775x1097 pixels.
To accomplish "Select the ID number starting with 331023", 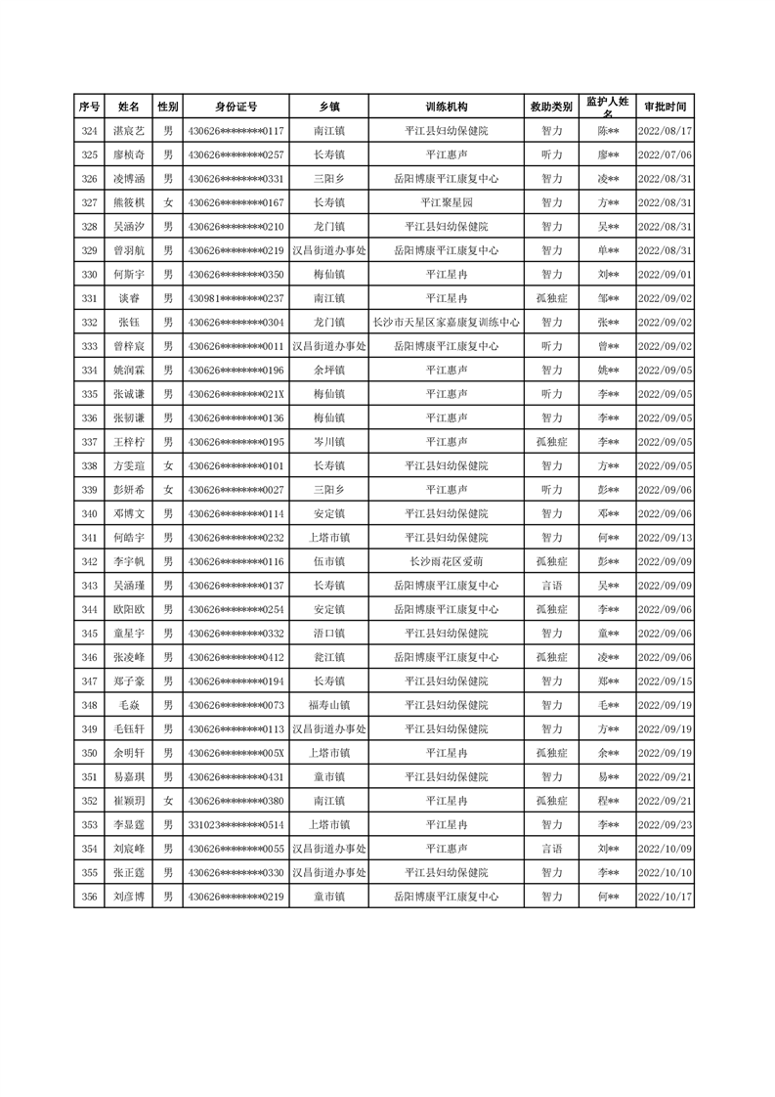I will pos(236,824).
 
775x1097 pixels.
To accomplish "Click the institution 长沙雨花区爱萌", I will pos(447,561).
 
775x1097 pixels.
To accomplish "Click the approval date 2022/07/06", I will pos(665,154).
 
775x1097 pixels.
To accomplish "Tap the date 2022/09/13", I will pos(665,538).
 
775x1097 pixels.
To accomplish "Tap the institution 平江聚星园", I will pos(447,202).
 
